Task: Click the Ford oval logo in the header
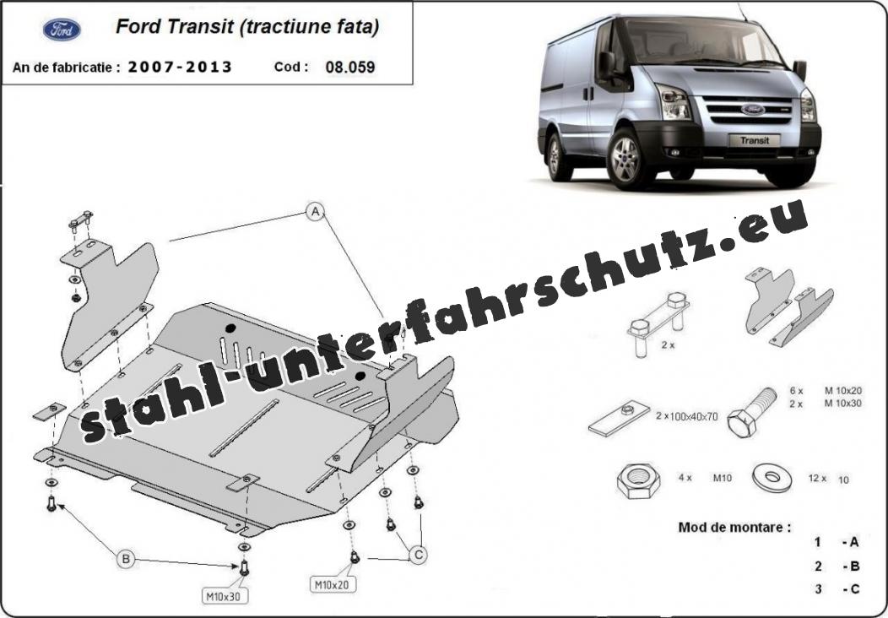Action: pyautogui.click(x=62, y=30)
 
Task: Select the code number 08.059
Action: pyautogui.click(x=350, y=68)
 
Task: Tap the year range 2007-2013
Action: pyautogui.click(x=180, y=68)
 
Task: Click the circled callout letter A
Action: pyautogui.click(x=316, y=212)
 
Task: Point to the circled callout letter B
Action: pyautogui.click(x=126, y=560)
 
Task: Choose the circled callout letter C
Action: pyautogui.click(x=419, y=556)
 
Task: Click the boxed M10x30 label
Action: pyautogui.click(x=225, y=596)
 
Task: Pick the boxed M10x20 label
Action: pyautogui.click(x=333, y=584)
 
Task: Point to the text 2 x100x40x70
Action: pyautogui.click(x=687, y=416)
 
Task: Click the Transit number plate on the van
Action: pyautogui.click(x=755, y=140)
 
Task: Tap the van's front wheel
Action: pyautogui.click(x=625, y=160)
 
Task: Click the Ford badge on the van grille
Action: pyautogui.click(x=753, y=109)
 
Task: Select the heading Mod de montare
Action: pyautogui.click(x=734, y=528)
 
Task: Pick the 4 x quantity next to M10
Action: pyautogui.click(x=685, y=478)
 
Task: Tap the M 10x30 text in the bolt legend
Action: pyautogui.click(x=843, y=404)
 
